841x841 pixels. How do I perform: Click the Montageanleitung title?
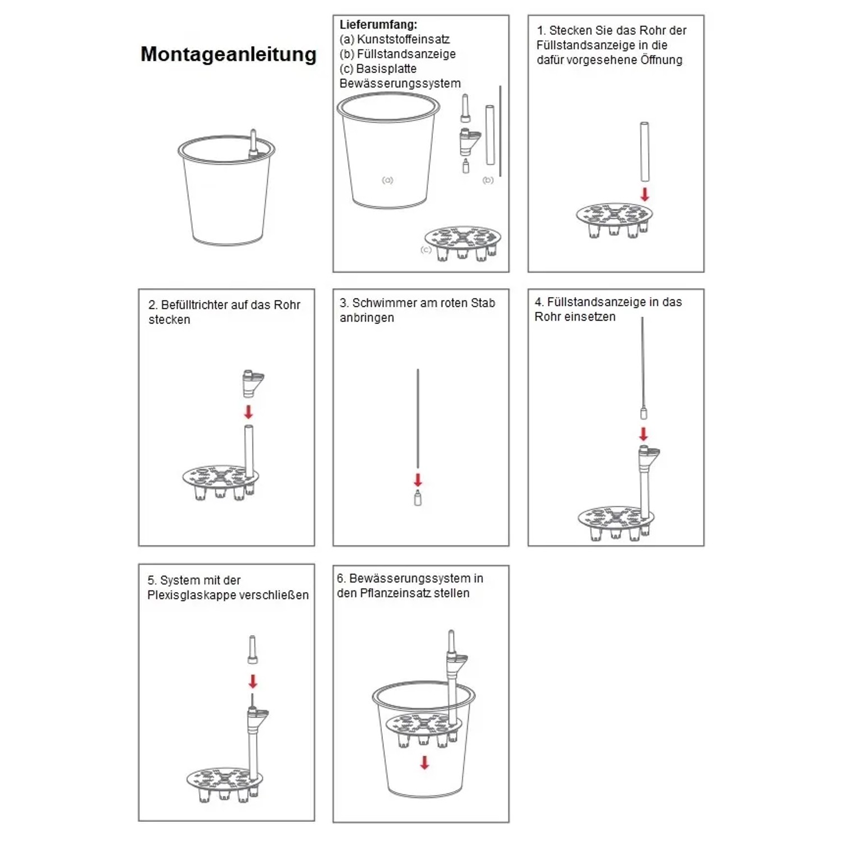pos(228,54)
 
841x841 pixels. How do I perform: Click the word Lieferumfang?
pos(377,25)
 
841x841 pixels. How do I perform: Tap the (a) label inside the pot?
pos(387,180)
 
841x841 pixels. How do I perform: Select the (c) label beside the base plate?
pos(426,249)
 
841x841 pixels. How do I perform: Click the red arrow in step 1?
pos(645,195)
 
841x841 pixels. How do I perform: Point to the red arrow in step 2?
pos(248,412)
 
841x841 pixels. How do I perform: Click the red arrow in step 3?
pos(418,480)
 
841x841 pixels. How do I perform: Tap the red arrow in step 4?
pos(644,434)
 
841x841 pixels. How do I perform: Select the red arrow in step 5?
pos(253,681)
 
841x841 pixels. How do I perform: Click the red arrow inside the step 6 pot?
pos(425,763)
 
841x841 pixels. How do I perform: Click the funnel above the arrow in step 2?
pos(252,382)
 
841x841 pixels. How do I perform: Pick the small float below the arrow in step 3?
pos(418,498)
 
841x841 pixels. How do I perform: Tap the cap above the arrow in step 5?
pos(252,650)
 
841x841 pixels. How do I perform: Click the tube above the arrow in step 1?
pos(645,151)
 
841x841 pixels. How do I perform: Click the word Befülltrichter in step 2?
pos(195,305)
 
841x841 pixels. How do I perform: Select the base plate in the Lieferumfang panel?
pos(463,243)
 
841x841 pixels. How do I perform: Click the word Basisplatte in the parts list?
pos(386,69)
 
